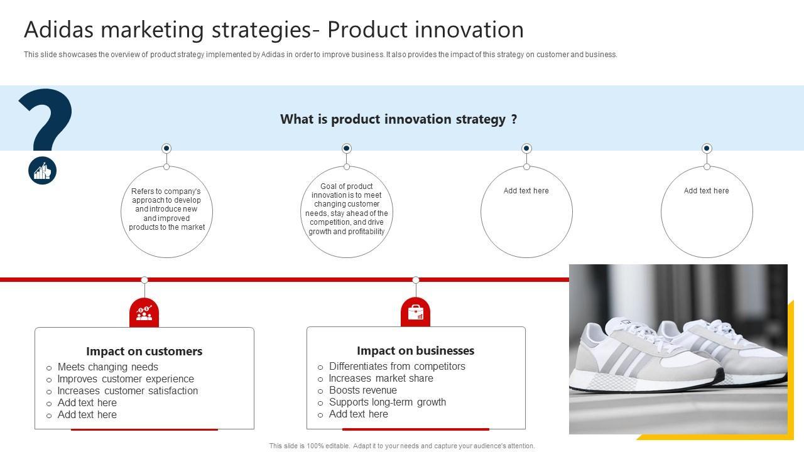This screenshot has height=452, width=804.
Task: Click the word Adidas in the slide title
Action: [x=59, y=30]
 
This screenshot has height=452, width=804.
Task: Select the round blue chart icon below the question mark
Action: [x=42, y=170]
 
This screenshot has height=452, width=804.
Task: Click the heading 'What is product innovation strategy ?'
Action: [x=398, y=119]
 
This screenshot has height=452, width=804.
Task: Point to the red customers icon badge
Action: [x=144, y=313]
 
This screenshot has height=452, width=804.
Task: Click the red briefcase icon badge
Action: [x=415, y=312]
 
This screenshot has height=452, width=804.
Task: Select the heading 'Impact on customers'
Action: [x=144, y=351]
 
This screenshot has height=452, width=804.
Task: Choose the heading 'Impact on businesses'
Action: [x=415, y=350]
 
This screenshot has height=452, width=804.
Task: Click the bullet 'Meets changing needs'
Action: [x=107, y=367]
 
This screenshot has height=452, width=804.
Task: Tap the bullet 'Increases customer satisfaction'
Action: [x=128, y=390]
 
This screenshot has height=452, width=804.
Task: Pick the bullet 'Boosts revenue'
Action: [x=363, y=390]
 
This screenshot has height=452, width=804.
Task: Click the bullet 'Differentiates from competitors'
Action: [x=397, y=366]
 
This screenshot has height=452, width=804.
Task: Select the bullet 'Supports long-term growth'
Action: [x=388, y=402]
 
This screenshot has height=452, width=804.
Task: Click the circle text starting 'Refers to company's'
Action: [x=166, y=209]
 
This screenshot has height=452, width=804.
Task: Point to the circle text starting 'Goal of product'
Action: [x=347, y=209]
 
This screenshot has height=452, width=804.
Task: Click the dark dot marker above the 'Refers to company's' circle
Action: [x=166, y=148]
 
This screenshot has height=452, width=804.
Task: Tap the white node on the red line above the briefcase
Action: [x=416, y=280]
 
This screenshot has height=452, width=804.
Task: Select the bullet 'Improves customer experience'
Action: [x=126, y=379]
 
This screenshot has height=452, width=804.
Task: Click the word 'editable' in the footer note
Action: [x=337, y=446]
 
